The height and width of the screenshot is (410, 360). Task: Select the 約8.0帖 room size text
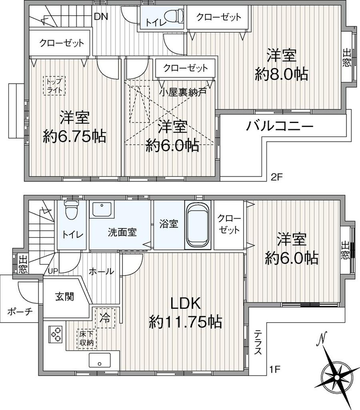point(281,74)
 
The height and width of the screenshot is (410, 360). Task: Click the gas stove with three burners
point(55,334)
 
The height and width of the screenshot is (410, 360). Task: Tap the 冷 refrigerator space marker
point(105,318)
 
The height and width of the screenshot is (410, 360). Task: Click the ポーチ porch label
point(20,312)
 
